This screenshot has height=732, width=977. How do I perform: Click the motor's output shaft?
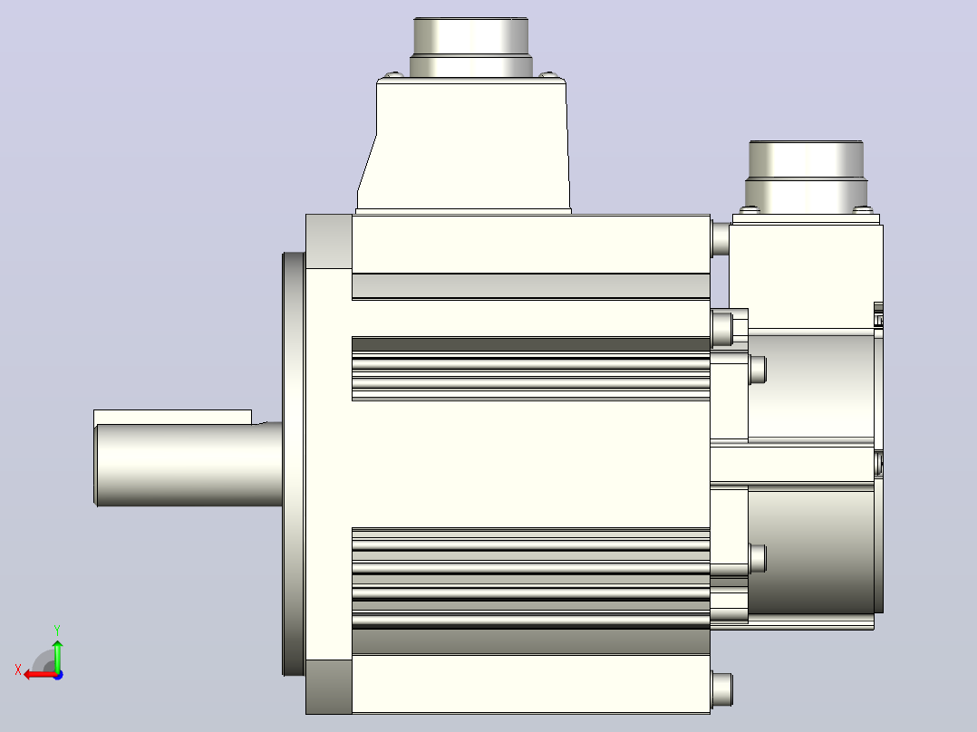(x=189, y=464)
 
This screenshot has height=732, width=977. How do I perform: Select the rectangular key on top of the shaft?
(x=172, y=418)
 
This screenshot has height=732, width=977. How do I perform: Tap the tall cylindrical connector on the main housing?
(x=471, y=48)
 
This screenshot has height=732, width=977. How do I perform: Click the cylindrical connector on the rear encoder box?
(x=807, y=177)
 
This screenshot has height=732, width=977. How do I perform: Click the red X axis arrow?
(x=41, y=674)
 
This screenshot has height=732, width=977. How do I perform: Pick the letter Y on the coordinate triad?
(x=57, y=630)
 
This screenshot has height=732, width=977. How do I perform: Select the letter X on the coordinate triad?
(x=18, y=669)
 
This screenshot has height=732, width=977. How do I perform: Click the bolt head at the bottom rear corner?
(x=721, y=689)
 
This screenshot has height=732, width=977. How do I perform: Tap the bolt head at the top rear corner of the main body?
(x=721, y=239)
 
